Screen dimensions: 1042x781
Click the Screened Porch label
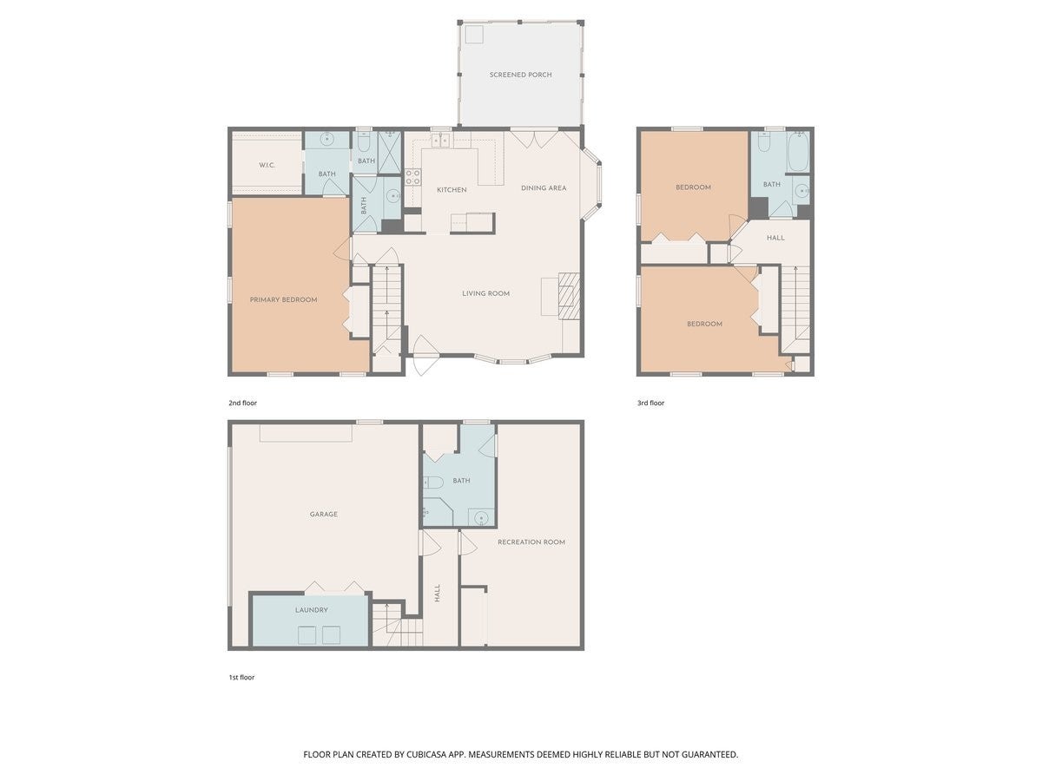[520, 75]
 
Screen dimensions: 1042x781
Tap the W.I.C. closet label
[267, 165]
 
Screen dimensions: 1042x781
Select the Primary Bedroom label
[283, 299]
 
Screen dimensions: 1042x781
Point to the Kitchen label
[452, 190]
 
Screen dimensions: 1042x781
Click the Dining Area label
[544, 187]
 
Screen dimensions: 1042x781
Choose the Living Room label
[485, 293]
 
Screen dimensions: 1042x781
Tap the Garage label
[323, 514]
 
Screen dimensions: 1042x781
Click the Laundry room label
[312, 610]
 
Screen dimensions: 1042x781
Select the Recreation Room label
[531, 542]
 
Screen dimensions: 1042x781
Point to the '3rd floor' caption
[650, 403]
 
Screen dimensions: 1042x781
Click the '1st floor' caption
[241, 678]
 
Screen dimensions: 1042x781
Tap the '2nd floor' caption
[242, 403]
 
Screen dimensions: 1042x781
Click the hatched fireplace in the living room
[569, 296]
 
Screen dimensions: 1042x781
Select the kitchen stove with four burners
[413, 177]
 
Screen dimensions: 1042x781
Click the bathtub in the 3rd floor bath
[798, 152]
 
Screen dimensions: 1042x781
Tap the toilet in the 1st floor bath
[433, 482]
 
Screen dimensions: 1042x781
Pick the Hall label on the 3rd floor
[775, 238]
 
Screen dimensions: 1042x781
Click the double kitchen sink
[440, 140]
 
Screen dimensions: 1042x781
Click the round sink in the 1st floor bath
[481, 517]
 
